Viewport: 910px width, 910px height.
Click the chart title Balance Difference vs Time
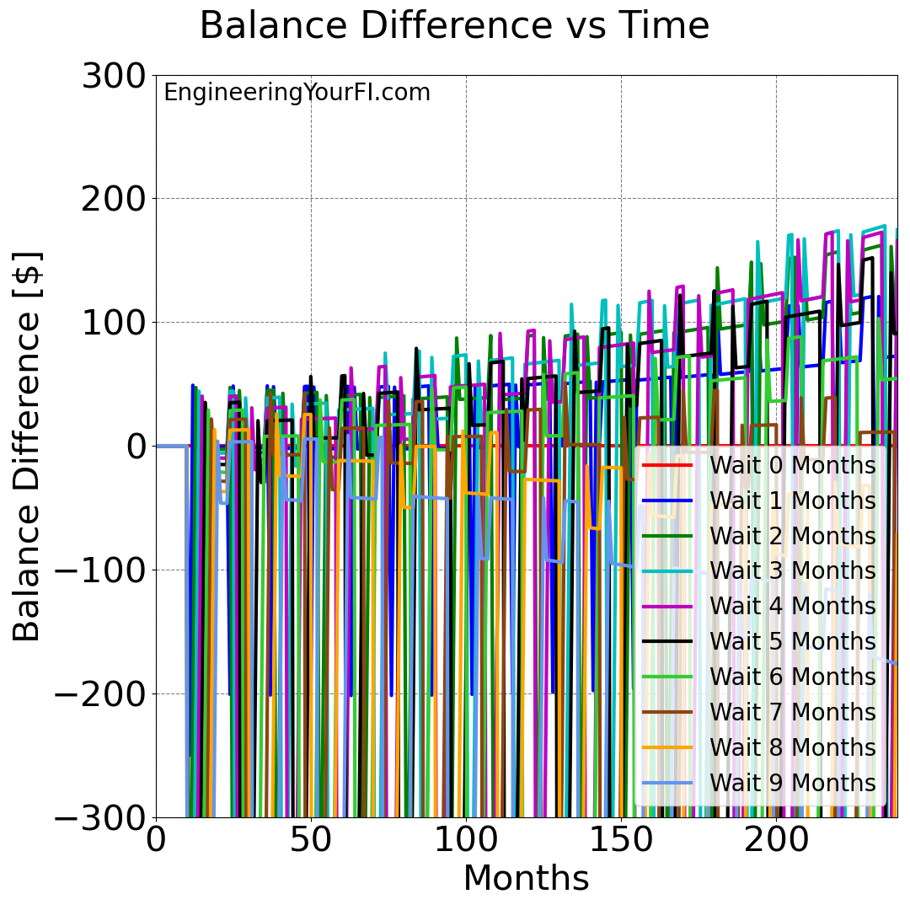coord(454,26)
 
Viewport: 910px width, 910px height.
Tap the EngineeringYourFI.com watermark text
coord(297,93)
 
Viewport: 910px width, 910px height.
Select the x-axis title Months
coord(526,878)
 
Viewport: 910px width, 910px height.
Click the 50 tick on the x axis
coord(311,840)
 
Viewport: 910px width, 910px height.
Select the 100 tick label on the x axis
coord(466,840)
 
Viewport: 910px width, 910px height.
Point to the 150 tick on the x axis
coord(621,840)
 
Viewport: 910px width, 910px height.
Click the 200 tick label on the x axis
coord(776,840)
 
